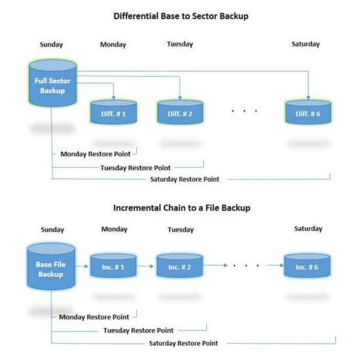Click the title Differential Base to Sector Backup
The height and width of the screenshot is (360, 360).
click(x=181, y=16)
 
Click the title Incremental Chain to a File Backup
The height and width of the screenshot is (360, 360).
click(x=181, y=207)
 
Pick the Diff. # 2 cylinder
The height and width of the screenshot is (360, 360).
click(x=179, y=113)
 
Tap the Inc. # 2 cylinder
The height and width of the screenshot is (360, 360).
click(x=179, y=266)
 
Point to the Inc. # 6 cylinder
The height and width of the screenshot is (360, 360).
click(x=306, y=266)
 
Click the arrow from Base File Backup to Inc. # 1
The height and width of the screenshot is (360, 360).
click(x=82, y=266)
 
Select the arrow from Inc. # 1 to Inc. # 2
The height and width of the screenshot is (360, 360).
click(x=145, y=266)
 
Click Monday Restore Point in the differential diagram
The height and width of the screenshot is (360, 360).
click(x=96, y=154)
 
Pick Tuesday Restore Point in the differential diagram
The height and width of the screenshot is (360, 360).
click(x=135, y=168)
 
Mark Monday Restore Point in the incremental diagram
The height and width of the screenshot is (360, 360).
click(x=94, y=317)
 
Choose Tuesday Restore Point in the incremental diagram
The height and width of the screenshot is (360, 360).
click(x=138, y=330)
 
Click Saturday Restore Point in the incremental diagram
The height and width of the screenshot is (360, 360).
click(x=183, y=342)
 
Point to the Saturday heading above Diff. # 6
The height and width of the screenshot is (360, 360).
click(x=306, y=45)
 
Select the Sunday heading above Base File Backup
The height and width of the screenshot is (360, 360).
click(x=52, y=230)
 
